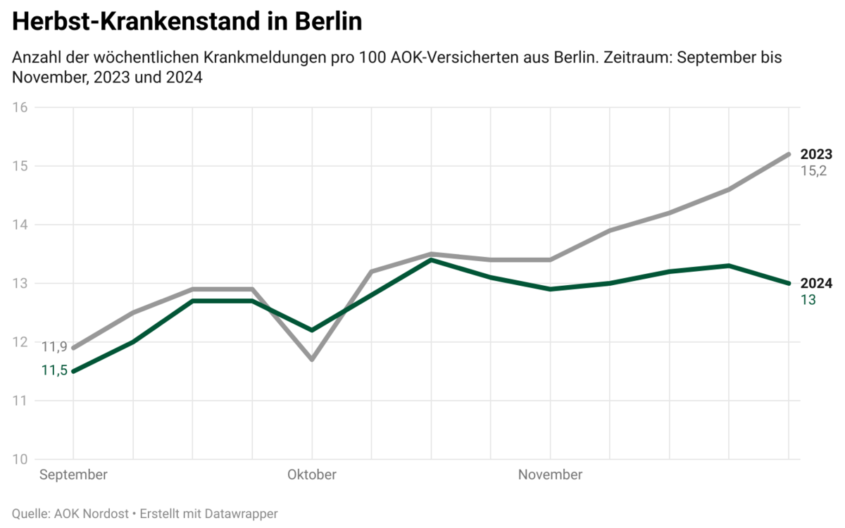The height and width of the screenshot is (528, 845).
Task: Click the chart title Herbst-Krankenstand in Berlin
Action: pyautogui.click(x=187, y=22)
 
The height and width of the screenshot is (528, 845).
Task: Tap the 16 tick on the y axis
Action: pyautogui.click(x=20, y=108)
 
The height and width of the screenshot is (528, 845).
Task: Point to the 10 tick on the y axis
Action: pyautogui.click(x=20, y=460)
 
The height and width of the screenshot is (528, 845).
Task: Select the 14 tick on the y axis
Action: pyautogui.click(x=20, y=225)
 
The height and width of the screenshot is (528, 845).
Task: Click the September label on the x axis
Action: pyautogui.click(x=73, y=474)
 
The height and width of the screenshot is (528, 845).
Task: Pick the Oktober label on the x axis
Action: pyautogui.click(x=311, y=474)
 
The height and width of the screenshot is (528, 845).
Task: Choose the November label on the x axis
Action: pyautogui.click(x=550, y=474)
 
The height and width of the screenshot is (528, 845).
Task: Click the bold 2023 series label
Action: pyautogui.click(x=817, y=154)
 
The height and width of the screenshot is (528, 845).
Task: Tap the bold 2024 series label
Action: pyautogui.click(x=817, y=284)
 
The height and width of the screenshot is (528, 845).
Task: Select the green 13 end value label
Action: pyautogui.click(x=808, y=300)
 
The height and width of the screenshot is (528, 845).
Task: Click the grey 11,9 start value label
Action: pyautogui.click(x=54, y=346)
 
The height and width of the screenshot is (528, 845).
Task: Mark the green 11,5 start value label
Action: pyautogui.click(x=54, y=371)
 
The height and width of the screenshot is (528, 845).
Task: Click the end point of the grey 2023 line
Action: pyautogui.click(x=788, y=154)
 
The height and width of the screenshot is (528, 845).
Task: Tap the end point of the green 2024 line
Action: pyautogui.click(x=788, y=284)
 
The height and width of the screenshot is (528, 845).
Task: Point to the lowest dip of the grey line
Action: pyautogui.click(x=312, y=360)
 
